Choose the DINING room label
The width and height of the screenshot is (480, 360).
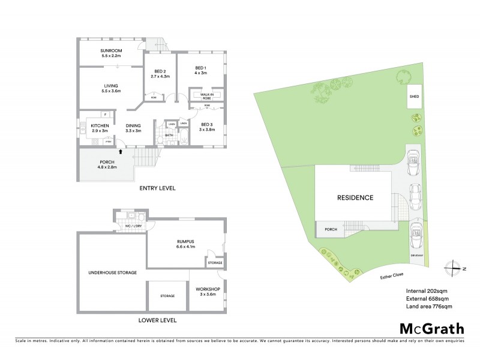(133, 127)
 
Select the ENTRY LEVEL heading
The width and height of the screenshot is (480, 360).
(157, 188)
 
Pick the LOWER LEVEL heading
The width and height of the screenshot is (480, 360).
(157, 320)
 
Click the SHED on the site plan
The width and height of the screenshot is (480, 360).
(415, 98)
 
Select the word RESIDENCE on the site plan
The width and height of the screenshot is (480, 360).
(355, 197)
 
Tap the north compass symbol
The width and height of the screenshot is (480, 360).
(454, 268)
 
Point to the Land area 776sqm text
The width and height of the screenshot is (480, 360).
(428, 307)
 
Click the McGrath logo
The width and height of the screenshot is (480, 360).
(431, 328)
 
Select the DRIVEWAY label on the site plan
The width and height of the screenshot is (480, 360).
(418, 256)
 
